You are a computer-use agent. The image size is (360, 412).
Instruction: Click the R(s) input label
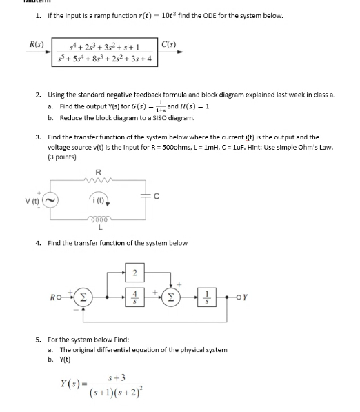pyautogui.click(x=36, y=44)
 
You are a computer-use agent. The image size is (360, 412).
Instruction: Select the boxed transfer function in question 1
pyautogui.click(x=107, y=53)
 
